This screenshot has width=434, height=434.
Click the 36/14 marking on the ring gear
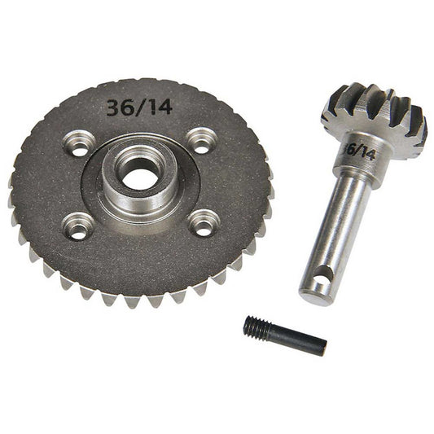(x=139, y=106)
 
